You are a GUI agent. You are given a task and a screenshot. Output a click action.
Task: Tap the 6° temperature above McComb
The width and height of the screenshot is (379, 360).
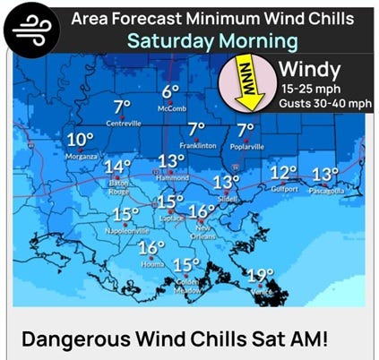coord(171,92)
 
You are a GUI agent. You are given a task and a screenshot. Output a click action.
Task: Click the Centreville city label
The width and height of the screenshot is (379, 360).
coord(124,123)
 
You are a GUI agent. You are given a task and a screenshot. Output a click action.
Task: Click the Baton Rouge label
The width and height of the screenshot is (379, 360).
coord(119,184)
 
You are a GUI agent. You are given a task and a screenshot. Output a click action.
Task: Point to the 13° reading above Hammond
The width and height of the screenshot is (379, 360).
coord(170,161)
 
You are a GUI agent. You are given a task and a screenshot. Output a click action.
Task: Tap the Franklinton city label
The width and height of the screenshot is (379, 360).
coord(199,145)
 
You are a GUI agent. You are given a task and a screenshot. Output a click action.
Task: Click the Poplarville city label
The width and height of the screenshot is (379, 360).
coord(245,145)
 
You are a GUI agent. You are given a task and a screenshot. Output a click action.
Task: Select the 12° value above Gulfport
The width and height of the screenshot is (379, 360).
coord(283,172)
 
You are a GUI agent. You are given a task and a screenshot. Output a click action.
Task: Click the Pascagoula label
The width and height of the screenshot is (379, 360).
coord(326,190)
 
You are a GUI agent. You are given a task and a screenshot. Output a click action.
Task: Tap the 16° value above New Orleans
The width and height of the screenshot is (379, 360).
coord(202,212)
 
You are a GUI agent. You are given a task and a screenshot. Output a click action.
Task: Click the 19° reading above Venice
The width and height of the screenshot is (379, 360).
coord(260,275)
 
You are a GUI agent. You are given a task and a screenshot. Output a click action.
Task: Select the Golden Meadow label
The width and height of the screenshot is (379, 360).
coord(187,286)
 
